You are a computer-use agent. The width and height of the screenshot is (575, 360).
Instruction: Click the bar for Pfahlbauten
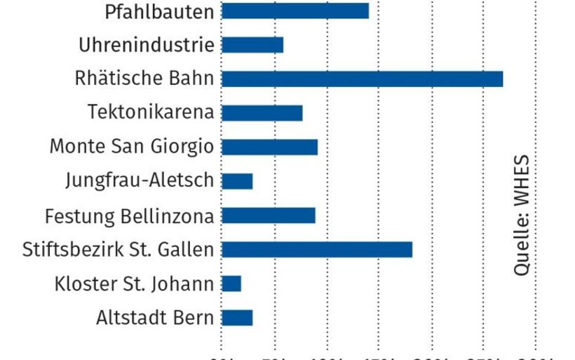(x=295, y=11)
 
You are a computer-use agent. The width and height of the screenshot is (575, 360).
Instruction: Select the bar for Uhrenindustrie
(x=252, y=45)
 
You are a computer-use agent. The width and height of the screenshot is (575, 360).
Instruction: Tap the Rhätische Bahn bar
(x=363, y=79)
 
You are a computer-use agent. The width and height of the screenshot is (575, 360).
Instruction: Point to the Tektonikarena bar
(x=262, y=113)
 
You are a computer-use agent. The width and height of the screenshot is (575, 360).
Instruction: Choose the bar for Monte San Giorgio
(x=270, y=147)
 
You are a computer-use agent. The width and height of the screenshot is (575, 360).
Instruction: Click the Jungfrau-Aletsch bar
(x=237, y=181)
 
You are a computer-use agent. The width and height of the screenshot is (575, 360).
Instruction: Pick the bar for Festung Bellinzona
(x=269, y=215)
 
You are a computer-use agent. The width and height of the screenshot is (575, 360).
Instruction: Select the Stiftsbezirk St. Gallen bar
(x=317, y=249)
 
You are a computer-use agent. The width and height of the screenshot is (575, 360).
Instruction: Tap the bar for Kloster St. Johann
(x=231, y=284)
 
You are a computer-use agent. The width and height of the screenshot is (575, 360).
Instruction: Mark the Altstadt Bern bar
(x=237, y=318)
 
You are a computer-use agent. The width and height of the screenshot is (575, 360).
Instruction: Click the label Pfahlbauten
(x=158, y=11)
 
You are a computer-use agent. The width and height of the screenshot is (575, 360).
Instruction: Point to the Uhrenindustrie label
(x=146, y=45)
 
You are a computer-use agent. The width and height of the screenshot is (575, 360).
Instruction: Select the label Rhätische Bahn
(x=144, y=79)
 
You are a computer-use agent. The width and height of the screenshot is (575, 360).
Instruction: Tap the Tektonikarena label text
(x=151, y=113)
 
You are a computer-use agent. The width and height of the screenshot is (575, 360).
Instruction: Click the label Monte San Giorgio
(x=131, y=147)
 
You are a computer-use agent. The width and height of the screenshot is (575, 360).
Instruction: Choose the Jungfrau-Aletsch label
(x=139, y=181)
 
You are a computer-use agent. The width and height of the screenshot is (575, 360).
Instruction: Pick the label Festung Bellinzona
(x=129, y=215)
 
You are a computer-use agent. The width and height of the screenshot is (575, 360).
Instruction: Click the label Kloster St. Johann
(x=134, y=284)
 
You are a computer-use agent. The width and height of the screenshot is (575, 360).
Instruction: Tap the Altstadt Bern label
(x=154, y=318)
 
